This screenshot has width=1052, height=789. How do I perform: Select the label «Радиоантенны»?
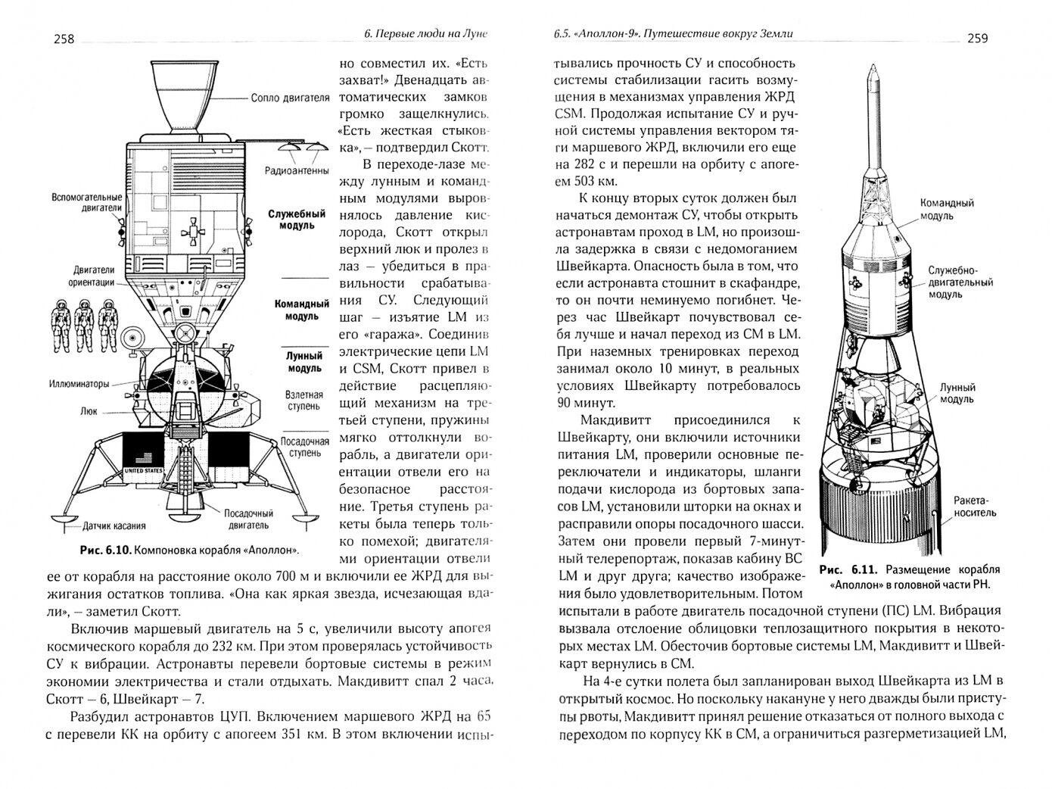coord(295,170)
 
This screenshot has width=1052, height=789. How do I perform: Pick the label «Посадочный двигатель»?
coord(247,519)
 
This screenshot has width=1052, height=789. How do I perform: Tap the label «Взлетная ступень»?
coord(303,401)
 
